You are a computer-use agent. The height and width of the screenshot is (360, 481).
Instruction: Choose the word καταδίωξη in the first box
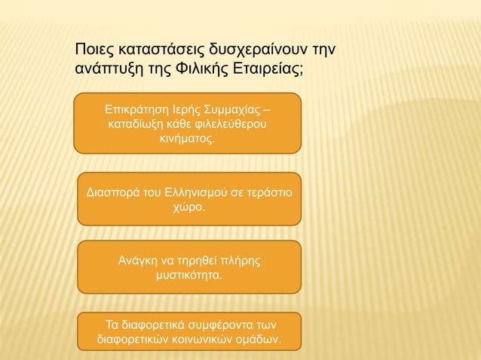pos(134,124)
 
